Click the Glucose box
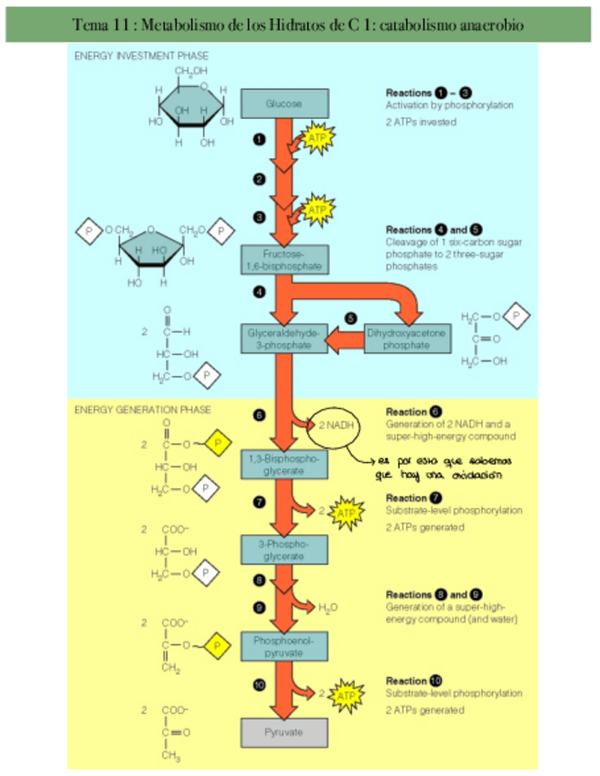coord(284,104)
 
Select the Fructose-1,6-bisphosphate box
coord(284,259)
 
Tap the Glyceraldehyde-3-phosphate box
coord(284,339)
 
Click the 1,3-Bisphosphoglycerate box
coord(284,464)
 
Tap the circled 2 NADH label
coord(336,426)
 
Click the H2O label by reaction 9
coord(327,607)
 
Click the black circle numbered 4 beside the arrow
coord(260,292)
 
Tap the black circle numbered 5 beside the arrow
coord(350,318)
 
